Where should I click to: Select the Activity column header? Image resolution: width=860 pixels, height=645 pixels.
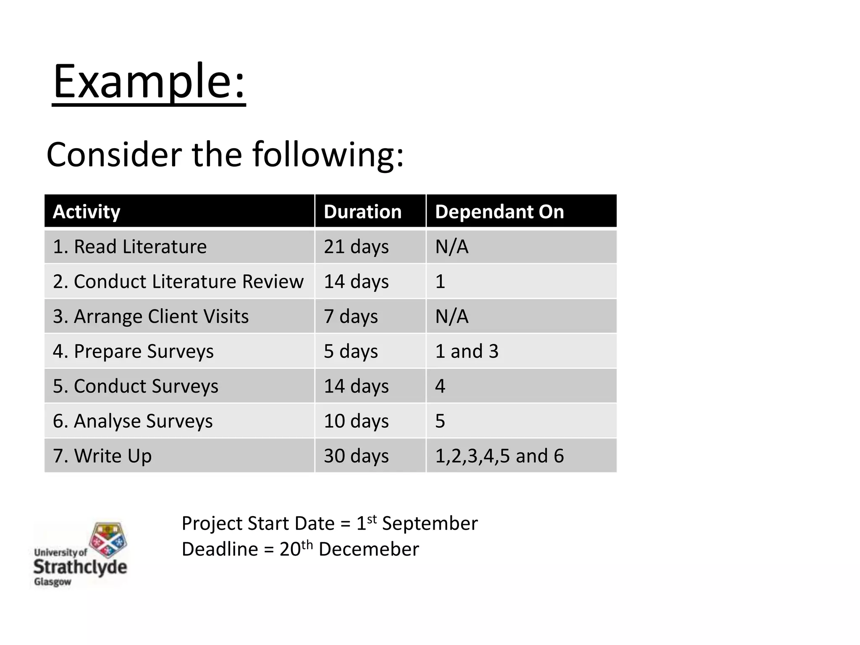[x=87, y=212]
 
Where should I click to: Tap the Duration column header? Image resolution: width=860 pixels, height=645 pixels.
[x=362, y=212]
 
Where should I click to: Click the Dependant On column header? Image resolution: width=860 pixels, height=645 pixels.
[x=499, y=212]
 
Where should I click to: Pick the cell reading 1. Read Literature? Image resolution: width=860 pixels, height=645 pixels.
[x=130, y=246]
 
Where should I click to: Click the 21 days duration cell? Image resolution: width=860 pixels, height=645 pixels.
[x=356, y=246]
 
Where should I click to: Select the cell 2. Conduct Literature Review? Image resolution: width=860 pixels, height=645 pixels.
[x=178, y=281]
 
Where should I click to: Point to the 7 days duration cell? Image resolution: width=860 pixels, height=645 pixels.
[x=351, y=316]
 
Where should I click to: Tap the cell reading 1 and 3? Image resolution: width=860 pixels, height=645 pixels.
[x=467, y=351]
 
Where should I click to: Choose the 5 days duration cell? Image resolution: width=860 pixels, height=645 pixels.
[x=351, y=351]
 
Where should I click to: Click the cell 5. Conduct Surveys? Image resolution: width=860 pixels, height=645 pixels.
[x=136, y=386]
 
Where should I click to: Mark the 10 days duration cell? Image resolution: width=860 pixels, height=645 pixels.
[x=356, y=421]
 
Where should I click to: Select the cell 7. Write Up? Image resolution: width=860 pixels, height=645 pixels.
[x=102, y=456]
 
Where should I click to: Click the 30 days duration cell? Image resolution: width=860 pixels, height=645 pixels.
[x=356, y=456]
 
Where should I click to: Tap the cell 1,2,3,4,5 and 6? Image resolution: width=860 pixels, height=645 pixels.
[x=499, y=456]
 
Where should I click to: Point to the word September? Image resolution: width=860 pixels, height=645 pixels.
[x=430, y=524]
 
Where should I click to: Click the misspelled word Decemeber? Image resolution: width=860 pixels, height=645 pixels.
[x=369, y=549]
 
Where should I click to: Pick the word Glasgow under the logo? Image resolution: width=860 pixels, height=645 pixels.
[x=52, y=582]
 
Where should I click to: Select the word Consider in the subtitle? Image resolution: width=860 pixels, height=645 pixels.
[x=114, y=155]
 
